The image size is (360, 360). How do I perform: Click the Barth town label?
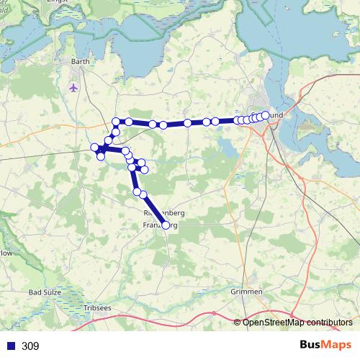coord(80,63)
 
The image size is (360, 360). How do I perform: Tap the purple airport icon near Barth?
coord(73,88)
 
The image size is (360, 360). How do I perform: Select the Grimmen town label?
coord(247,292)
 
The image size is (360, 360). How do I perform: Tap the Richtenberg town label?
coord(165,215)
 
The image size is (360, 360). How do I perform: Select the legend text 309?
coord(30,346)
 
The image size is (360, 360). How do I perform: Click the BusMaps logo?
coord(326,345)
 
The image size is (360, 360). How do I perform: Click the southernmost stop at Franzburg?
coord(166,225)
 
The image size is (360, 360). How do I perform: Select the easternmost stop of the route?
coord(266,115)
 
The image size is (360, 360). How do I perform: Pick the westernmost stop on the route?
coord(94,148)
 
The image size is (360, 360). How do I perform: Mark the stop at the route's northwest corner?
coord(116,122)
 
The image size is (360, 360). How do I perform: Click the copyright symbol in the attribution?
coord(237,322)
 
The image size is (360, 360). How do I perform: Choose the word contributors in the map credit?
coord(330,322)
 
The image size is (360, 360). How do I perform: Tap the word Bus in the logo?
coord(311,345)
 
